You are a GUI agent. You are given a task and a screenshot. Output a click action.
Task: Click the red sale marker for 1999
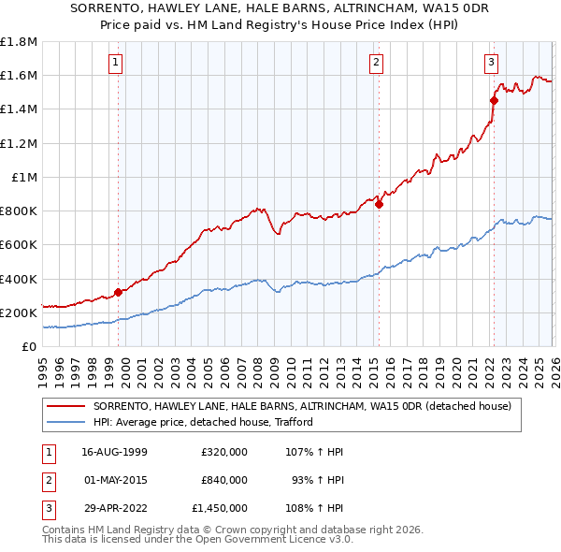(x=118, y=292)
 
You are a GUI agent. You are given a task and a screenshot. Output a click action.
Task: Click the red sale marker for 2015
(x=379, y=205)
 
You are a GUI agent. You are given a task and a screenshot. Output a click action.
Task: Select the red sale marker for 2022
(x=494, y=101)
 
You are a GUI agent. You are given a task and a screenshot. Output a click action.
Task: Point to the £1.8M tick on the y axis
(x=19, y=42)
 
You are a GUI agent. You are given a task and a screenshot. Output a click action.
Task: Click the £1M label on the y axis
(x=25, y=177)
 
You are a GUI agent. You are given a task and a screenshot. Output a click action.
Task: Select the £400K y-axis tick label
(x=19, y=279)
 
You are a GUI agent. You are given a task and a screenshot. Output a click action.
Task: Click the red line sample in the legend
(x=65, y=407)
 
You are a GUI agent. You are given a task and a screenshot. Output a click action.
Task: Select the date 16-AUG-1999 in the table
(x=115, y=451)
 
